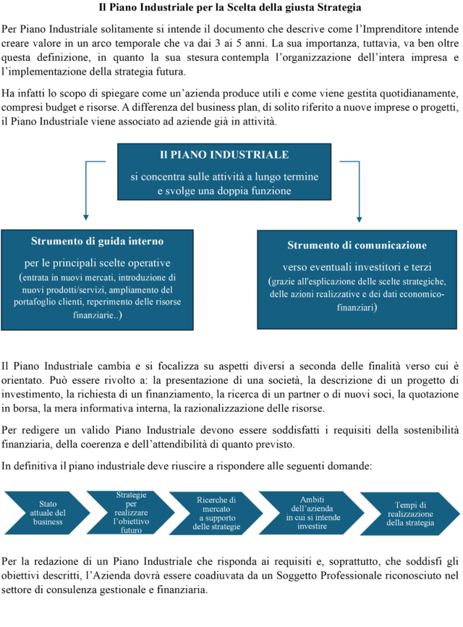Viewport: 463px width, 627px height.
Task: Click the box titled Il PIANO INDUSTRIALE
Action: (x=224, y=172)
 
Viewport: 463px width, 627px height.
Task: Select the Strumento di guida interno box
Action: (x=97, y=279)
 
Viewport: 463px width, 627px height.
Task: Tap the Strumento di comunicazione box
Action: (x=357, y=279)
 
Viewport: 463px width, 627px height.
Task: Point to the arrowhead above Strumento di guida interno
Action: (x=85, y=217)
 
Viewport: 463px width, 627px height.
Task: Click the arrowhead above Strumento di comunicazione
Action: (x=359, y=219)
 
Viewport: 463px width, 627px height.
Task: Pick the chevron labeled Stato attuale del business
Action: (x=47, y=513)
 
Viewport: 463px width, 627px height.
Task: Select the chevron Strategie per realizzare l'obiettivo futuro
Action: (x=131, y=513)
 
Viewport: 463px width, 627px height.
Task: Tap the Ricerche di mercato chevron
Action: (x=216, y=513)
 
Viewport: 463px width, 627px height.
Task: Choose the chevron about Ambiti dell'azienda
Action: (x=312, y=513)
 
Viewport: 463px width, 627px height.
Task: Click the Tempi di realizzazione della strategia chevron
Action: (x=410, y=514)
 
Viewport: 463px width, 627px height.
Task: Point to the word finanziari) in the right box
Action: (x=357, y=307)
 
